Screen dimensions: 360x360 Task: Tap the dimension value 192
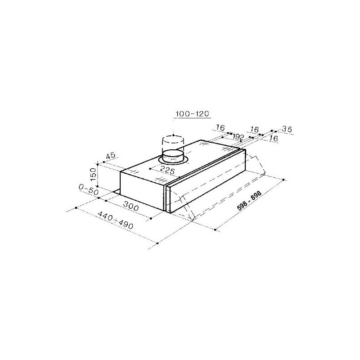[238, 136]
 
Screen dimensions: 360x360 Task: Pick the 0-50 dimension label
[88, 190]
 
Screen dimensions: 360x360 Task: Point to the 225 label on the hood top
[167, 170]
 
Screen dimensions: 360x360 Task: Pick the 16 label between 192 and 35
[254, 130]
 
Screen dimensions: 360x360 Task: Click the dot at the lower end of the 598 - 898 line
[216, 230]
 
